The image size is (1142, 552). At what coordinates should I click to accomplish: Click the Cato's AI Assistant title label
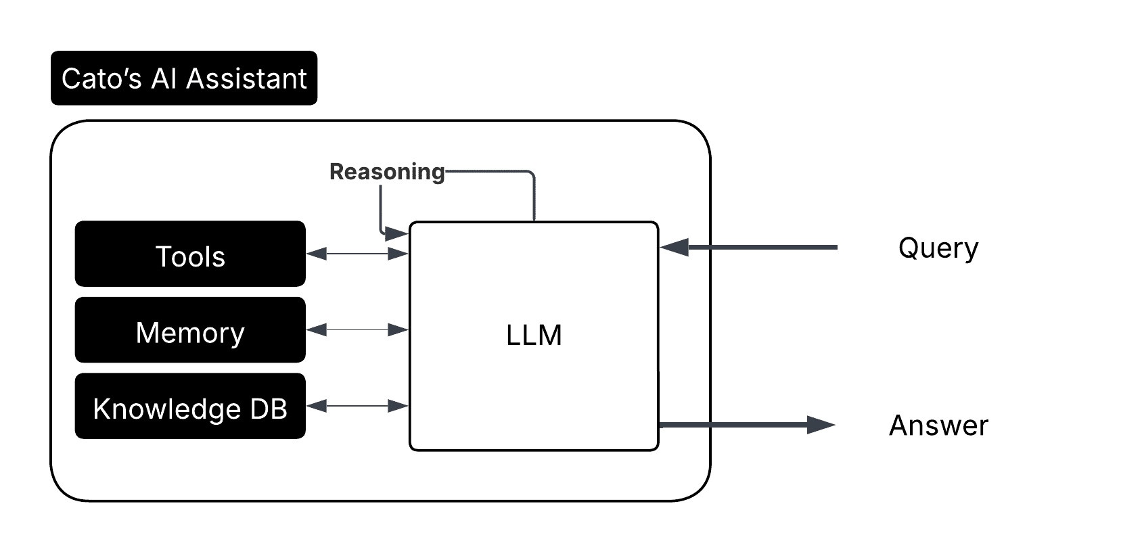pyautogui.click(x=183, y=78)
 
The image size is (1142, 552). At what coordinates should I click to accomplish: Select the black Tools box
pyautogui.click(x=190, y=254)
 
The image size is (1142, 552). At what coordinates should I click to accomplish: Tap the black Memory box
pyautogui.click(x=190, y=330)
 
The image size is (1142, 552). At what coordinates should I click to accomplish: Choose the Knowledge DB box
pyautogui.click(x=190, y=406)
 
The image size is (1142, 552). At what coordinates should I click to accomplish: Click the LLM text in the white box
pyautogui.click(x=534, y=336)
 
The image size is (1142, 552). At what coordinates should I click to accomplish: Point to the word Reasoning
pyautogui.click(x=387, y=172)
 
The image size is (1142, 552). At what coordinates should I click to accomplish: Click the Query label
pyautogui.click(x=938, y=248)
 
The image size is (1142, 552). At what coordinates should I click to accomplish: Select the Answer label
pyautogui.click(x=938, y=425)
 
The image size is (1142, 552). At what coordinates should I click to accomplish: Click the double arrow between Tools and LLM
pyautogui.click(x=357, y=254)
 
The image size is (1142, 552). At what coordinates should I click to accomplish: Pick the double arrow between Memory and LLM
pyautogui.click(x=357, y=330)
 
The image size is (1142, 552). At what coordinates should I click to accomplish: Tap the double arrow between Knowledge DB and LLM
pyautogui.click(x=357, y=406)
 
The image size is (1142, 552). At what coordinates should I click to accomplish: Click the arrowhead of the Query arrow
pyautogui.click(x=674, y=248)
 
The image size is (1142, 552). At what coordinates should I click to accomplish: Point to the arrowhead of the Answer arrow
pyautogui.click(x=821, y=425)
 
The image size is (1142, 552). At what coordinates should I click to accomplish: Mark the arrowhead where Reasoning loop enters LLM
pyautogui.click(x=396, y=234)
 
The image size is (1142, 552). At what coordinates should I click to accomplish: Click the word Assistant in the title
pyautogui.click(x=246, y=78)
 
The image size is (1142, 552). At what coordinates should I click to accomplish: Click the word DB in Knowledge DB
pyautogui.click(x=269, y=409)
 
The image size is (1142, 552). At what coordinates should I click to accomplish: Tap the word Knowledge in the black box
pyautogui.click(x=166, y=409)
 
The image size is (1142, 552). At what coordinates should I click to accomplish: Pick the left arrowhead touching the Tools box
pyautogui.click(x=317, y=254)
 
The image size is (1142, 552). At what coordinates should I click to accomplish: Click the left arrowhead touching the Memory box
pyautogui.click(x=317, y=330)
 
